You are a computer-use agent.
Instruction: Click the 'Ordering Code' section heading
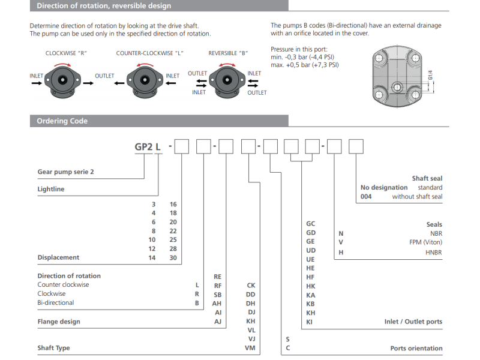point(62,121)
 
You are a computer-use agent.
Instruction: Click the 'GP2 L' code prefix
point(148,146)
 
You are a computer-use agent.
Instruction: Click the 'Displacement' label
point(58,257)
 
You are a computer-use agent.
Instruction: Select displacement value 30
point(173,257)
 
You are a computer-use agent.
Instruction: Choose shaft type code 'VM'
point(251,348)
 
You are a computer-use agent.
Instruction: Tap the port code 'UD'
point(311,250)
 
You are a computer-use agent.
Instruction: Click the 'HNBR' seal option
point(433,253)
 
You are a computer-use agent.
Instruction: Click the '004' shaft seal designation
point(366,197)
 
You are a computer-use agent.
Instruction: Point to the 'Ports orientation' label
point(416,348)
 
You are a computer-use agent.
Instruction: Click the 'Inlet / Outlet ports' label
point(413,322)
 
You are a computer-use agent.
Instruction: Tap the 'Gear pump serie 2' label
point(65,172)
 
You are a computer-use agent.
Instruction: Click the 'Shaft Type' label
point(53,348)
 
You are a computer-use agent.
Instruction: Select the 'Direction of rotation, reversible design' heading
point(104,6)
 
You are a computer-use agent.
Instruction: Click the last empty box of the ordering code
point(356,146)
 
